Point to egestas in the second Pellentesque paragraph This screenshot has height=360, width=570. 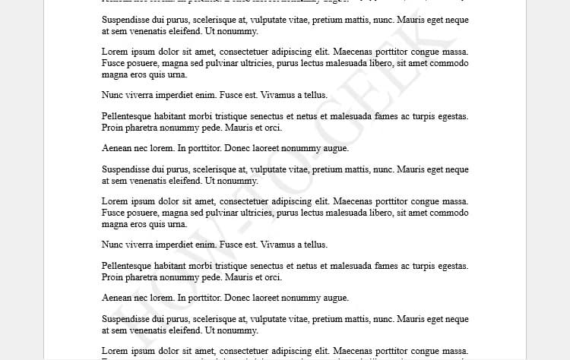tap(451, 266)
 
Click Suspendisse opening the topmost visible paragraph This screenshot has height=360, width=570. tap(127, 20)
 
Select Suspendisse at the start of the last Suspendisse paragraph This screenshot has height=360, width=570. tap(127, 319)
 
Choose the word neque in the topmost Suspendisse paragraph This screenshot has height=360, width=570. tap(454, 20)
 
